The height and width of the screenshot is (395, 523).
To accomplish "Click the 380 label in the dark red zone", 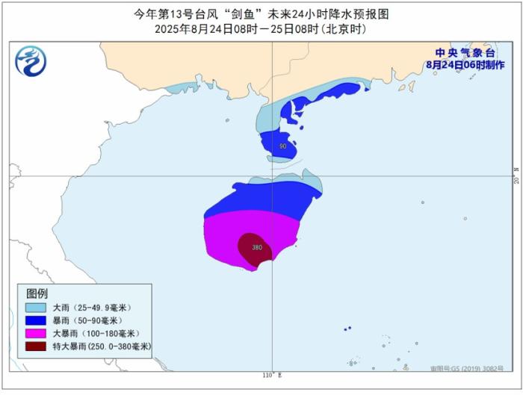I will [x=257, y=247].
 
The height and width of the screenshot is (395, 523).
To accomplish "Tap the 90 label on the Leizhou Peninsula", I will [x=282, y=146].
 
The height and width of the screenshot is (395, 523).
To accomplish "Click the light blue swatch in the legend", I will [x=34, y=308].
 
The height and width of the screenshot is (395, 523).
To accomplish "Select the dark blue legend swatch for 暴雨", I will [x=34, y=320].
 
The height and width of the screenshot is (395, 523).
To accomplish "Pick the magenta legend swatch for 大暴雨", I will [x=34, y=333].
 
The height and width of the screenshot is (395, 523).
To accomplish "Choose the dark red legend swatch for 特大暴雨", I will [x=34, y=346].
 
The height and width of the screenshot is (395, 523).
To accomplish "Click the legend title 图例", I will [x=37, y=293].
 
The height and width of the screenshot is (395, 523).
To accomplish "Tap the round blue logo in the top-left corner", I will [x=30, y=60].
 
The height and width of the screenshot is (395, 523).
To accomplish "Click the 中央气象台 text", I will [x=465, y=53].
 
